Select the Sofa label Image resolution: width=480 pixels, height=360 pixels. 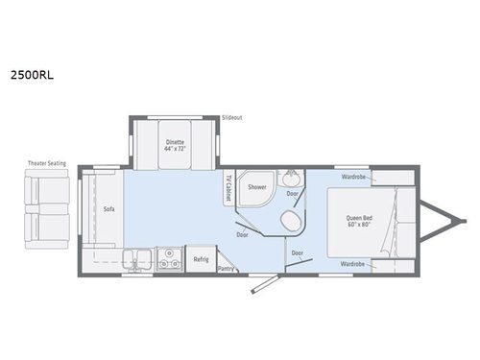108,207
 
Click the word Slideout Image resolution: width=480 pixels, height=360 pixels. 231,116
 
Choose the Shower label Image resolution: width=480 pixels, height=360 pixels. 256,187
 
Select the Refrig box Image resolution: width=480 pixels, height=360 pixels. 202,259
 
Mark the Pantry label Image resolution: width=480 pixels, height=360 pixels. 227,270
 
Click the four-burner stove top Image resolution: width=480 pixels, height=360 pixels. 170,258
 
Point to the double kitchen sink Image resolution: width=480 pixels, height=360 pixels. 138,258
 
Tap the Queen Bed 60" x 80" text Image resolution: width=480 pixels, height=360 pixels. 360,220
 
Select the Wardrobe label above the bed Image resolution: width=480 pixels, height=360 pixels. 353,178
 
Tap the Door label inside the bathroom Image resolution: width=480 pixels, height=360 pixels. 292,195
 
